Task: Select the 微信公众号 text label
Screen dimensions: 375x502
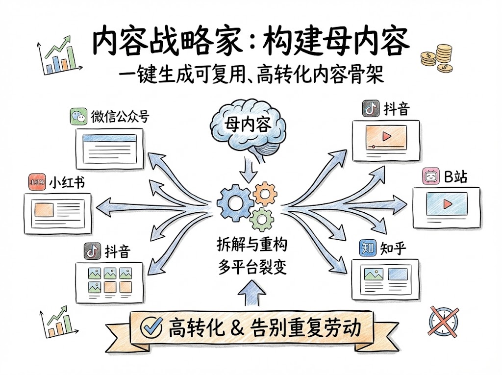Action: point(120,117)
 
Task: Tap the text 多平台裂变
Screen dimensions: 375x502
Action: point(251,267)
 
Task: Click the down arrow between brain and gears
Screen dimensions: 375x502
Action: point(248,173)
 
